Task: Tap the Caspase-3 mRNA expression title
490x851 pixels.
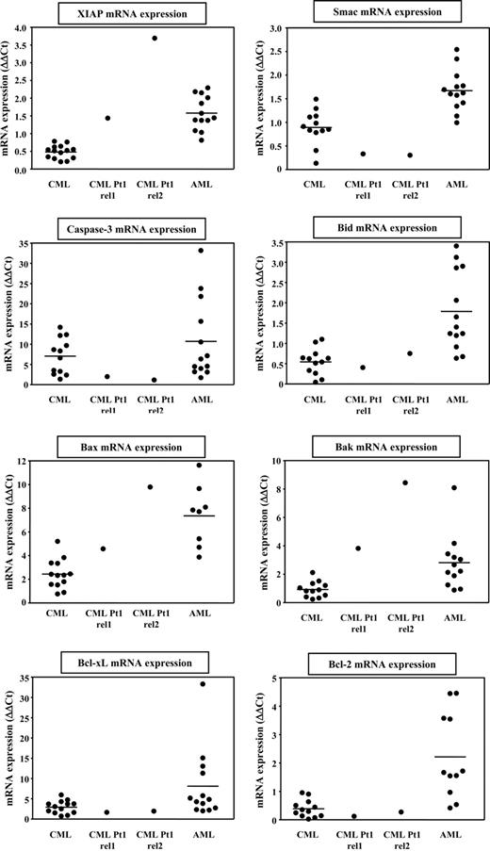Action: [x=125, y=230]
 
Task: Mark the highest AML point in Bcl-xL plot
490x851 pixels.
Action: [x=201, y=683]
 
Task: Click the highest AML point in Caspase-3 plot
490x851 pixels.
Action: [x=201, y=251]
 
